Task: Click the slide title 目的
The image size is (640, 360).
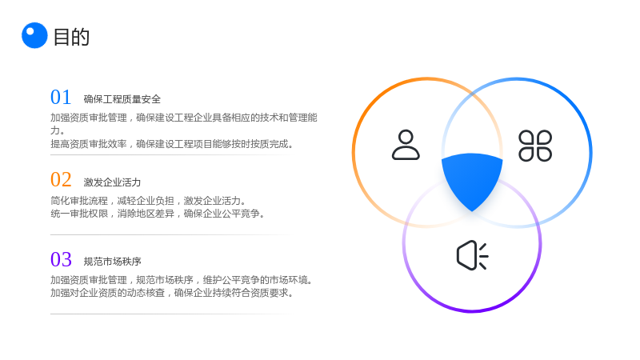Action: pos(71,37)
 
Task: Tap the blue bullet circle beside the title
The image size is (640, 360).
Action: pos(34,35)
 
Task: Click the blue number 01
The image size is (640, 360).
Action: pos(61,97)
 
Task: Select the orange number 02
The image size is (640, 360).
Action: pos(61,179)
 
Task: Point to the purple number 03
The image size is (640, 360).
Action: pos(61,259)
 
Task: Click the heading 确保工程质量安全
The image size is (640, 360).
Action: pos(122,99)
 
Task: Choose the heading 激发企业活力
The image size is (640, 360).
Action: pos(112,182)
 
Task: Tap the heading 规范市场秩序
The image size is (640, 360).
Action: pos(112,262)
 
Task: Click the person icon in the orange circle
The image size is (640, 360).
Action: pos(406,145)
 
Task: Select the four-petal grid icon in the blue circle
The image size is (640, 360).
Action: pos(535,146)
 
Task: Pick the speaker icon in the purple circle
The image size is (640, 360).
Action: pos(472,255)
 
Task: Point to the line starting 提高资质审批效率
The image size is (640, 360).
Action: pos(172,144)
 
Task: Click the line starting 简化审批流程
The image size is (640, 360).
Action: pos(149,201)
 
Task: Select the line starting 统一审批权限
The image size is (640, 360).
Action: pos(158,214)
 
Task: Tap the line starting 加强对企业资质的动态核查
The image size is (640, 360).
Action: pos(172,293)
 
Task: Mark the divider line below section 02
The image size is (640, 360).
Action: pos(172,234)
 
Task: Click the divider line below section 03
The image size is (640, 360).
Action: pos(172,314)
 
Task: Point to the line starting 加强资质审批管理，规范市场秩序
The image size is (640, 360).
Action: pos(182,280)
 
